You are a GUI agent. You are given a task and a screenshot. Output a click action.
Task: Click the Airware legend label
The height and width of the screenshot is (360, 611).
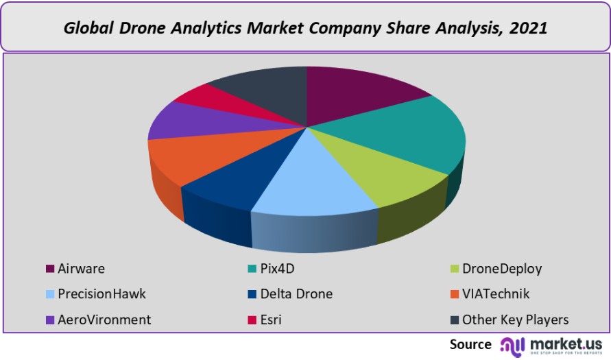[x=82, y=268]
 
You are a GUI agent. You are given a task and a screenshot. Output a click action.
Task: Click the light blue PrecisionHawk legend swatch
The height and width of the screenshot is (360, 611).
[x=49, y=294]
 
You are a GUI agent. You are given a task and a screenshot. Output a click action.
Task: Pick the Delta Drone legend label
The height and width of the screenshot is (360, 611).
[x=296, y=294]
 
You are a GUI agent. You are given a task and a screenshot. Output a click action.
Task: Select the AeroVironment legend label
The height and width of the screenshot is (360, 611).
[x=105, y=320]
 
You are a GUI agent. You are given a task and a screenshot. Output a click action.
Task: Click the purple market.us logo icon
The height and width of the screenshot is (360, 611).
[x=513, y=344]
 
